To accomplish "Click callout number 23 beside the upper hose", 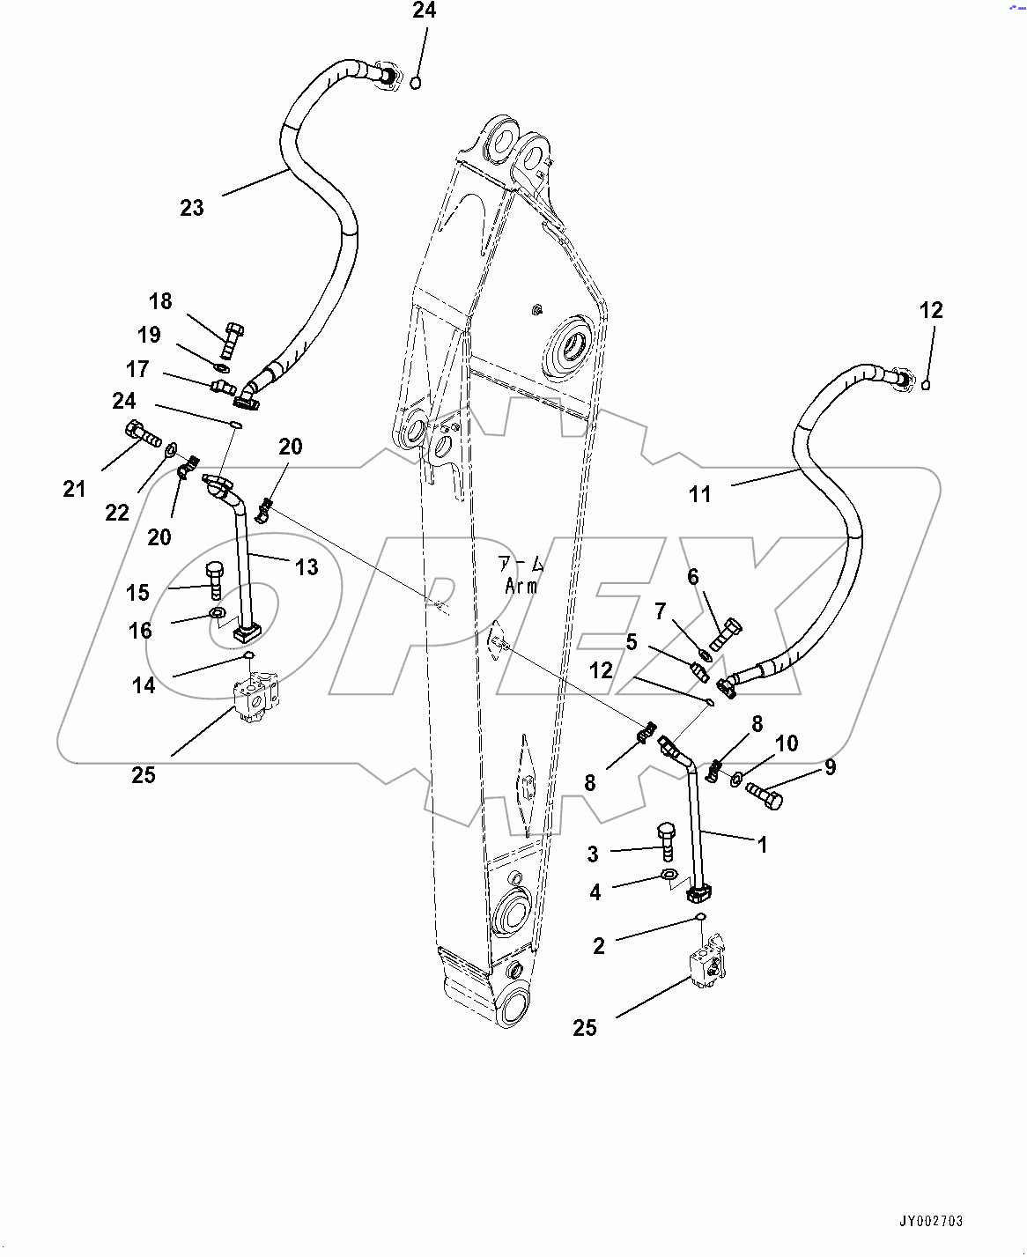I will point(191,208).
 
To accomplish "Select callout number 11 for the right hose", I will point(699,494).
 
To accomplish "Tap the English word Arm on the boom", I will point(521,586).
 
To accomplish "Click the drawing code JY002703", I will point(931,1221).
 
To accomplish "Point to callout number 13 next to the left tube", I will point(307,566).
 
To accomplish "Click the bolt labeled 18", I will point(232,338).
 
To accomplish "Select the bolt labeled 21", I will point(141,433).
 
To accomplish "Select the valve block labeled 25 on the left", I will point(255,698).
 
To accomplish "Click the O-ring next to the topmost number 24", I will point(416,83).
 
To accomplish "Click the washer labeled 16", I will point(217,613).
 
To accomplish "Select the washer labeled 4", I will point(669,876).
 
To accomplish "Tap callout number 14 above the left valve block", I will point(144,685).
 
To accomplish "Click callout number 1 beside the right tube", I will point(763,845).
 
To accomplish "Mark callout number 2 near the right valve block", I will point(599,946).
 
